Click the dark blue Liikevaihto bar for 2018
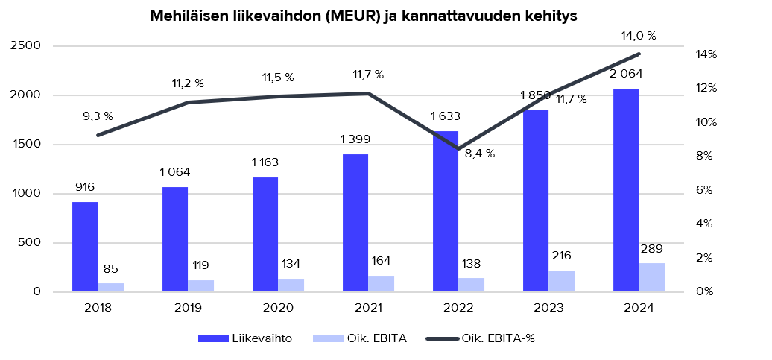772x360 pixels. pos(85,247)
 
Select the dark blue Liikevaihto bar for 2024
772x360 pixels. pos(626,190)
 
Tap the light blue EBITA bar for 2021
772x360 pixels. pos(381,284)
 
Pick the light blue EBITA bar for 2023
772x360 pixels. pos(561,281)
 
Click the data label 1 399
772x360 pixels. pos(355,139)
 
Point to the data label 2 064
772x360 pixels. pos(626,74)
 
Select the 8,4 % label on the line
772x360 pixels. pos(480,154)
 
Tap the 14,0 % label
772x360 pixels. pos(639,36)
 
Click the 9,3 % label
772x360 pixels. pos(98,116)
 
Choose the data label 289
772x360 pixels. pos(651,248)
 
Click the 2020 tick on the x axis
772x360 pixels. pos(278,308)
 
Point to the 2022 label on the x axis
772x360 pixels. pos(458,308)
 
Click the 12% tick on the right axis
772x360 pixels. pos(706,88)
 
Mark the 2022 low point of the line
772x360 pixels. pos(459,149)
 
